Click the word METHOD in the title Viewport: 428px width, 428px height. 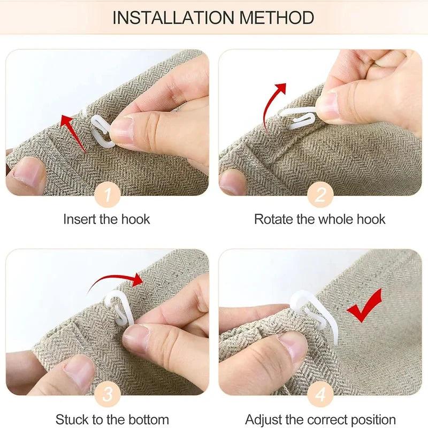pos(277,18)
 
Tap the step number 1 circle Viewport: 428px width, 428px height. pos(108,195)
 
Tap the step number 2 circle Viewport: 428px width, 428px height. pos(320,195)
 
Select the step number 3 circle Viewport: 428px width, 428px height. pos(108,394)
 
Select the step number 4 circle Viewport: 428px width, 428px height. pos(320,394)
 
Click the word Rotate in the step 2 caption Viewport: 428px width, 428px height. pos(274,219)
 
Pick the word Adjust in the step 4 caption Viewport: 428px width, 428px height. pos(263,420)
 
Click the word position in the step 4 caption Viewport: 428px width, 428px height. pos(373,420)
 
